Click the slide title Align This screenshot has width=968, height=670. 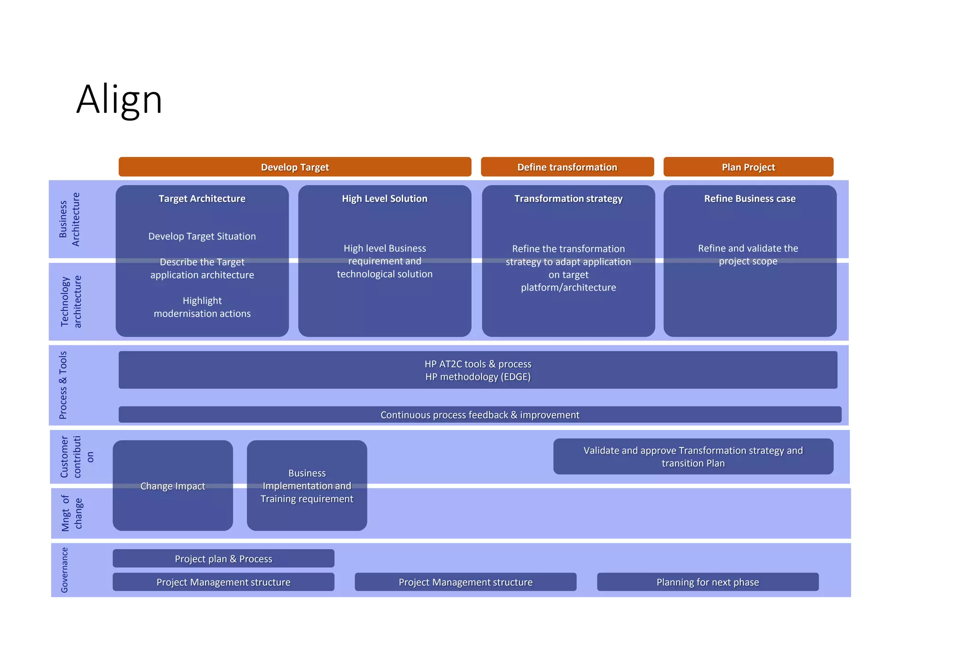pos(119,99)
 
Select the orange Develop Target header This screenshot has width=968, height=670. pos(294,167)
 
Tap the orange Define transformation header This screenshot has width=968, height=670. pos(567,167)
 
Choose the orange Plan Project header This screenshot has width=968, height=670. pos(748,167)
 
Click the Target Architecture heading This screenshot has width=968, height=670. pos(202,199)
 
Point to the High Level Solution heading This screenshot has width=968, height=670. pos(384,199)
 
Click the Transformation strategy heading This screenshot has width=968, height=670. pos(568,199)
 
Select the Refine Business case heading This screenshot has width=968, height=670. pos(750,199)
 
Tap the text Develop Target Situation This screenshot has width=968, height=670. pos(202,236)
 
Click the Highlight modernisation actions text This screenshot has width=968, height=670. pos(202,307)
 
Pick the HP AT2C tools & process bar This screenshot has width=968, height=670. pos(477,370)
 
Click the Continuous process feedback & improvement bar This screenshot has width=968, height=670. pos(479,415)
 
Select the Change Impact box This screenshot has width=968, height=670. pos(173,486)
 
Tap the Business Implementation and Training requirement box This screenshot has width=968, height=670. pos(307,486)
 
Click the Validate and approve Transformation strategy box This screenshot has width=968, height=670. pos(693,456)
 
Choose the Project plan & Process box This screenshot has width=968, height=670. pos(223,558)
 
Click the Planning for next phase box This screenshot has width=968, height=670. pos(707,582)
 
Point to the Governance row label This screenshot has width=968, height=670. pos(65,570)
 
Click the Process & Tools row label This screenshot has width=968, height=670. pos(63,385)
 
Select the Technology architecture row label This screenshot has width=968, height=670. pos(71,301)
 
